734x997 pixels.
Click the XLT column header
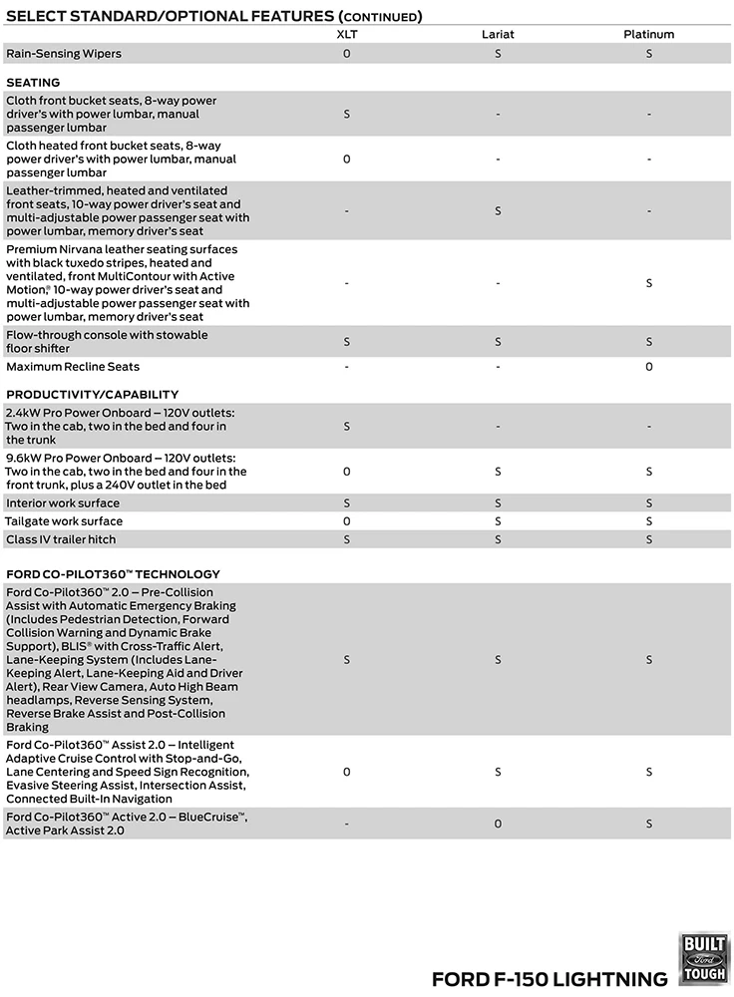pyautogui.click(x=346, y=34)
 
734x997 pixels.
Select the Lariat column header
pyautogui.click(x=498, y=34)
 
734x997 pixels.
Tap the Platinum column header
pyautogui.click(x=648, y=34)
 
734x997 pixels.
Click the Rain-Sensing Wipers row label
pyautogui.click(x=64, y=53)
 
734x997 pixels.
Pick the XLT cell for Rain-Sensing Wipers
pyautogui.click(x=346, y=53)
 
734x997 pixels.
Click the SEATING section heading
pyautogui.click(x=33, y=82)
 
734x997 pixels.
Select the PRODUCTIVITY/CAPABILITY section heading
pyautogui.click(x=93, y=394)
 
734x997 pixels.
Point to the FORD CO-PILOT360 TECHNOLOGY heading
pyautogui.click(x=113, y=574)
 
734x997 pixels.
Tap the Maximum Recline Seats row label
pyautogui.click(x=73, y=367)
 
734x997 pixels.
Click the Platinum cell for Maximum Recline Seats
pyautogui.click(x=648, y=367)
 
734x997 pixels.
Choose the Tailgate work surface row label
pyautogui.click(x=65, y=521)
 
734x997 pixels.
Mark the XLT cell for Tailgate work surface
pyautogui.click(x=346, y=521)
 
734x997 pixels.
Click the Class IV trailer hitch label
pyautogui.click(x=61, y=539)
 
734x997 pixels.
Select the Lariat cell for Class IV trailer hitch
pyautogui.click(x=498, y=539)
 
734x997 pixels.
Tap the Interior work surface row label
pyautogui.click(x=63, y=503)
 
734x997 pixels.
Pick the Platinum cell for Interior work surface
pyautogui.click(x=648, y=503)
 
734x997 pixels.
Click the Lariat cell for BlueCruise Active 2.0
pyautogui.click(x=498, y=824)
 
